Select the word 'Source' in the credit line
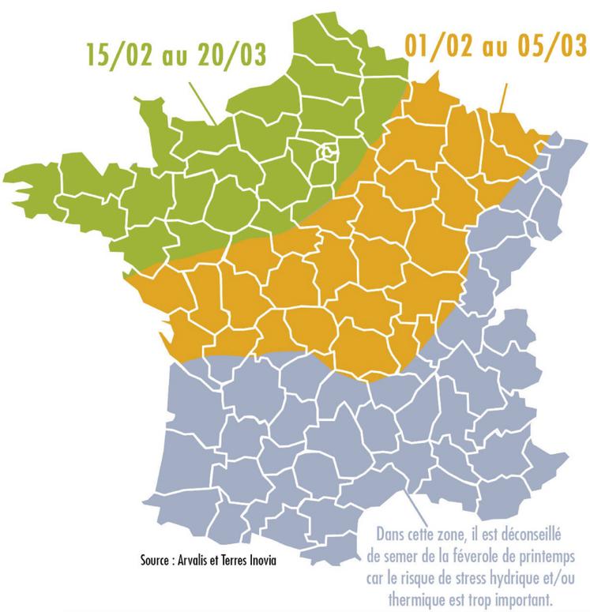159,561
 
